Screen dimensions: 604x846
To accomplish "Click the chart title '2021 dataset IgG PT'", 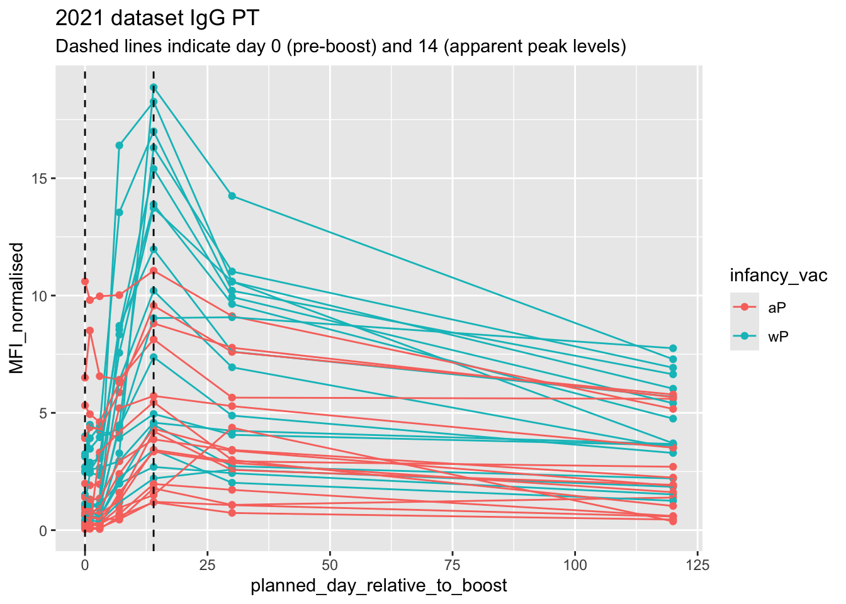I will [157, 19].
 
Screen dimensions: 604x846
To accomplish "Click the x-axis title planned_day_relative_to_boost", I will [378, 586].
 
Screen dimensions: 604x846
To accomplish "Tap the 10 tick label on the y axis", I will [40, 296].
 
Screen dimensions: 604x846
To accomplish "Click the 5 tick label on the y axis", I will [43, 413].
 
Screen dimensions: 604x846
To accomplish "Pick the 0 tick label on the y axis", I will [43, 530].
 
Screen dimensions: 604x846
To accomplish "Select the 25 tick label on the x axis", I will [207, 564].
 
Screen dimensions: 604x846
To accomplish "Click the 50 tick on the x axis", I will [330, 564].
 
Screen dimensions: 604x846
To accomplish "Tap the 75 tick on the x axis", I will [453, 564].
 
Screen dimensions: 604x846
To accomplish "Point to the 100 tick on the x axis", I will [575, 564].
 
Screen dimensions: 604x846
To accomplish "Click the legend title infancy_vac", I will [778, 276].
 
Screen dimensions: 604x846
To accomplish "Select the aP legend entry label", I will [777, 307].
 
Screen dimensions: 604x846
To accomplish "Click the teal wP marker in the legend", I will [745, 337].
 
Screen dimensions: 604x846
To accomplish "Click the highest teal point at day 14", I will [154, 87].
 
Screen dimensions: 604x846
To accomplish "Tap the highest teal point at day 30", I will [232, 196].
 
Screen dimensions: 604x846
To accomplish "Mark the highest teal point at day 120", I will [673, 348].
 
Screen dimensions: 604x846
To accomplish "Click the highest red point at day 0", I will [85, 281].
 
